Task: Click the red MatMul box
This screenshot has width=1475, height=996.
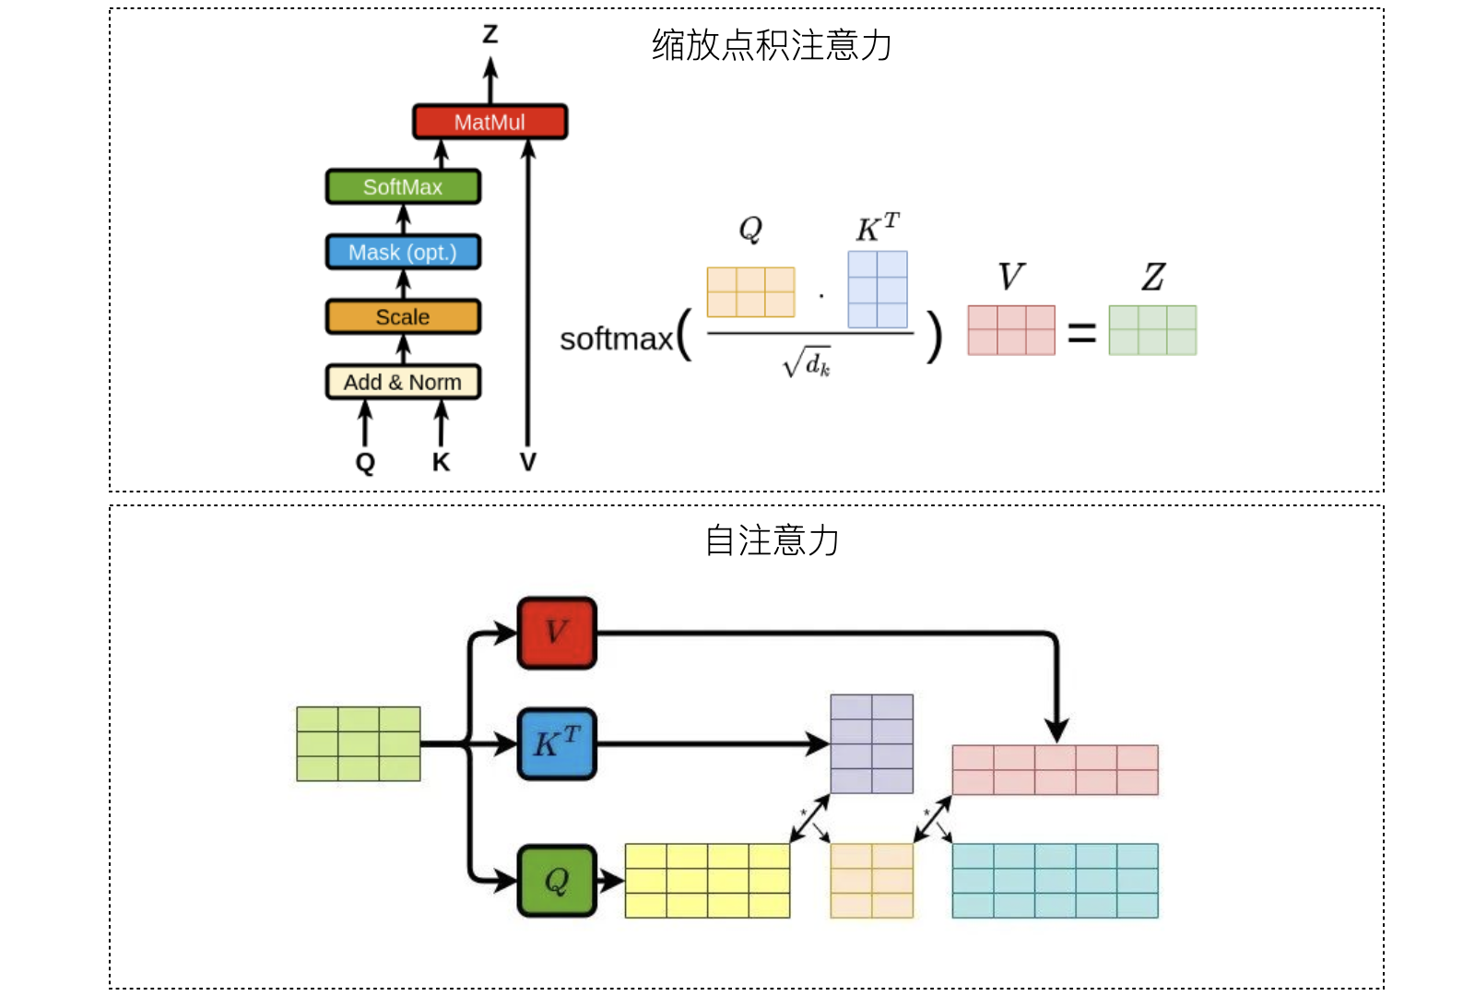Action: click(x=490, y=122)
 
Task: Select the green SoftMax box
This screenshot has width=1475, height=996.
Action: click(x=403, y=187)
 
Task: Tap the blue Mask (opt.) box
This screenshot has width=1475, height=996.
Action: click(x=403, y=252)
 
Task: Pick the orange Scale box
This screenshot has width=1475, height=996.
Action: click(x=403, y=317)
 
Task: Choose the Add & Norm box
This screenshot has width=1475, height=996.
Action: click(x=403, y=382)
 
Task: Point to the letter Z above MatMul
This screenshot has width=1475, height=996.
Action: click(x=490, y=34)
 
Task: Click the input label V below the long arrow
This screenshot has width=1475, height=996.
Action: click(x=527, y=462)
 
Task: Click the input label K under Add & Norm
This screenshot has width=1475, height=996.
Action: click(x=441, y=462)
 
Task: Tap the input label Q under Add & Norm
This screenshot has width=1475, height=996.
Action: click(x=365, y=462)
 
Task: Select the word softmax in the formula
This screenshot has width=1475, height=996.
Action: click(x=616, y=339)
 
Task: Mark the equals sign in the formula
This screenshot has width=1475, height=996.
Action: click(x=1081, y=333)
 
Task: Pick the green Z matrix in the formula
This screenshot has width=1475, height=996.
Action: click(x=1152, y=330)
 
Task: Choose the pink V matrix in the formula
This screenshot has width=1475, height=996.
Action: click(x=1011, y=330)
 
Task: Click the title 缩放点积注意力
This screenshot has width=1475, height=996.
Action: click(x=772, y=45)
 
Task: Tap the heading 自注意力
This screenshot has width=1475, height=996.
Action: click(x=772, y=540)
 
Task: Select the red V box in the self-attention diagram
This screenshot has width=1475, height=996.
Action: click(x=557, y=633)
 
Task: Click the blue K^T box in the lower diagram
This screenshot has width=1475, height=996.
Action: click(x=557, y=743)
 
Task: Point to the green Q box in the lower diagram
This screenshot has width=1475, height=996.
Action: click(x=557, y=881)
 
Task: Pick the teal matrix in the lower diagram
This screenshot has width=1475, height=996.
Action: click(x=1055, y=881)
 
